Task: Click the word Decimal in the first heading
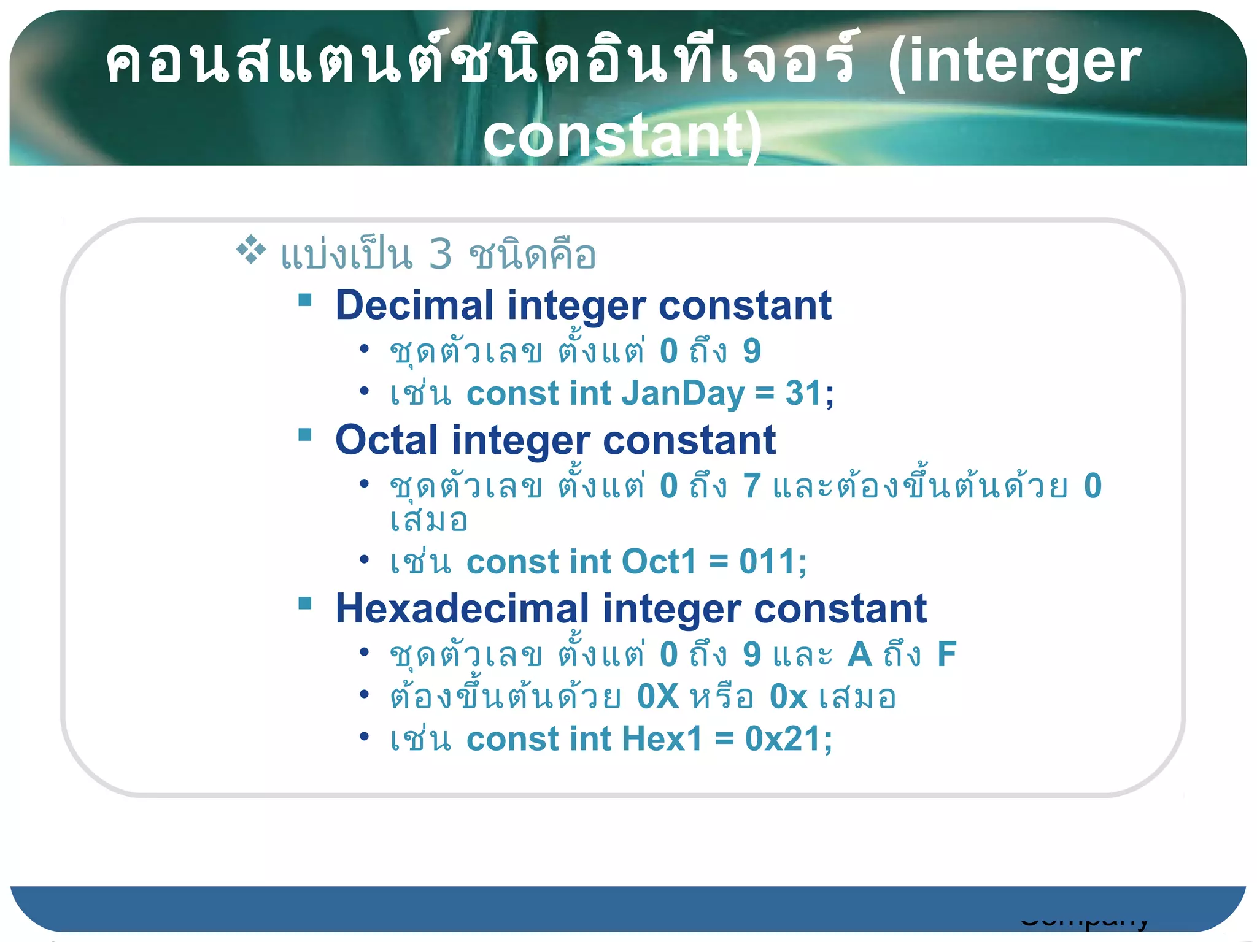414,305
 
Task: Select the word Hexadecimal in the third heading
462,609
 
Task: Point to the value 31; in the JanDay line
810,394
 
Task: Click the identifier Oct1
659,562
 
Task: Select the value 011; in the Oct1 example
773,562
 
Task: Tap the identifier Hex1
662,739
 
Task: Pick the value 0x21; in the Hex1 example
789,739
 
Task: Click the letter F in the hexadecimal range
946,654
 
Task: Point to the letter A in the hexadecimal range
860,654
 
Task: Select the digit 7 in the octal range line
752,486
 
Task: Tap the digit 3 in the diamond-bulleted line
440,255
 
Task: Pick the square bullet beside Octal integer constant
305,435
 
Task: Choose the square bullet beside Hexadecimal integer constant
305,603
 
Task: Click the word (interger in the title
1014,61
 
